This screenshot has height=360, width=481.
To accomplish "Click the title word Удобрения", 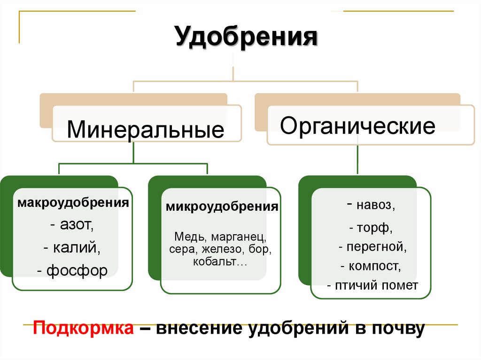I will [246, 37].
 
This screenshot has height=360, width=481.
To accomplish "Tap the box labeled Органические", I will [358, 126].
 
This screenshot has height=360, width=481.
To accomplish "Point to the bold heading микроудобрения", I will [221, 207].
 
